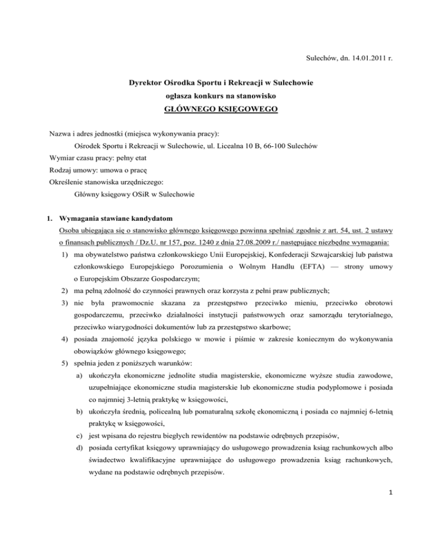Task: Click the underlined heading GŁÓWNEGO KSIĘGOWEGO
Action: pos(216,109)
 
